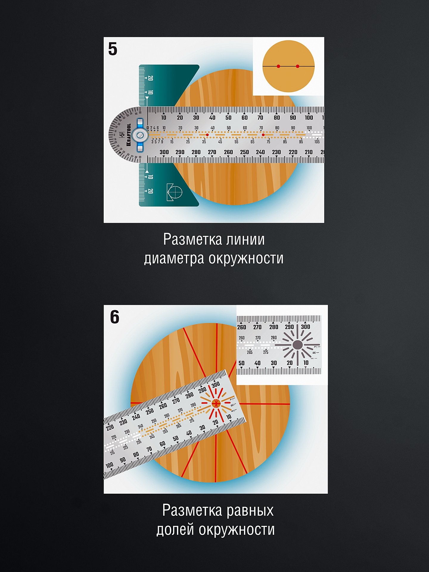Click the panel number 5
click(113, 49)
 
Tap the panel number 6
click(114, 317)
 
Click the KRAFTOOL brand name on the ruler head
click(129, 135)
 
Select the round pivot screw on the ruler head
click(140, 135)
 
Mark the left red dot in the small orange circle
click(278, 66)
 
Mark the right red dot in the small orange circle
click(298, 66)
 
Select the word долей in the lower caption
click(175, 530)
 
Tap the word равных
click(250, 511)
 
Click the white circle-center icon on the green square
click(175, 192)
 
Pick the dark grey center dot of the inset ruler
click(297, 345)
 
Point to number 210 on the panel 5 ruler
click(309, 152)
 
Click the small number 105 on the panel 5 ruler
click(317, 142)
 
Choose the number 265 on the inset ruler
click(250, 352)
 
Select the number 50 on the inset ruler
click(241, 363)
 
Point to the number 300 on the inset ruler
click(305, 327)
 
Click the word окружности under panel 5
click(246, 259)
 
